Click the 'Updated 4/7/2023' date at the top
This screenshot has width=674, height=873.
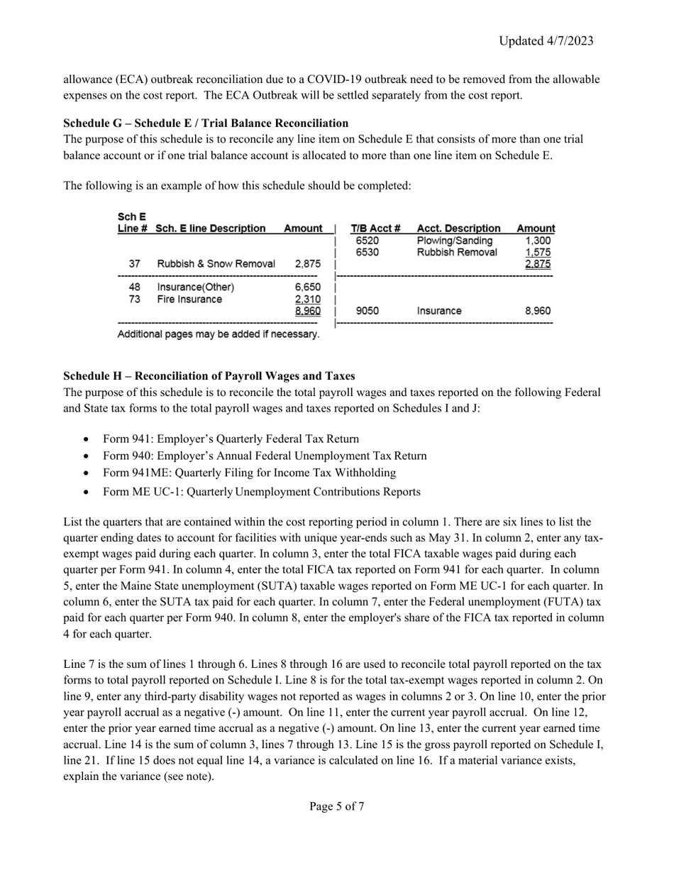(546, 41)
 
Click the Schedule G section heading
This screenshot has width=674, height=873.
(206, 123)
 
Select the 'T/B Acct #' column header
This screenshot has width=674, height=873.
(376, 229)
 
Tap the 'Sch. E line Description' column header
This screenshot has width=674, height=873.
(211, 229)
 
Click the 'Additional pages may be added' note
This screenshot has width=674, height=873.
(219, 334)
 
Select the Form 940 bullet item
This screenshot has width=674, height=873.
(265, 456)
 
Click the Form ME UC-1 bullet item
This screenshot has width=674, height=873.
(261, 492)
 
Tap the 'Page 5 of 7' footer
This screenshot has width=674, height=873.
(337, 806)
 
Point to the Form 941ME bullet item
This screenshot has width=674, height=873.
(249, 473)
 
